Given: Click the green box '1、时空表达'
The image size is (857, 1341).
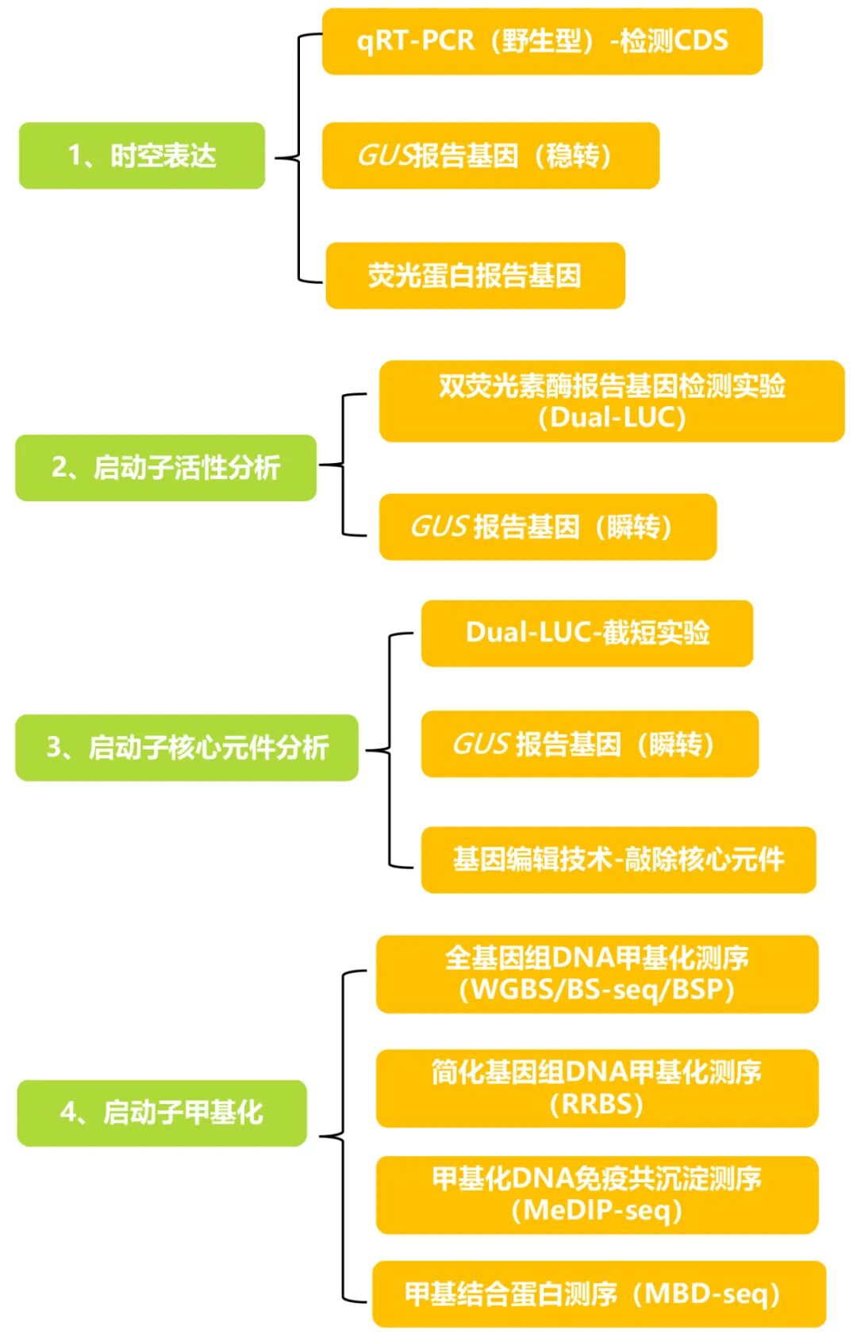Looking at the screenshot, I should tap(141, 155).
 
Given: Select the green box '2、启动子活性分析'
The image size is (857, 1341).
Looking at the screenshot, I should tap(165, 467).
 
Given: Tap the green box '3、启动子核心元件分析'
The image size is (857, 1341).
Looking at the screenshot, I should tap(186, 747).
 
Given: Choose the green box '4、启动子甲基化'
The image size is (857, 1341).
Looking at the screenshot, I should tap(162, 1112).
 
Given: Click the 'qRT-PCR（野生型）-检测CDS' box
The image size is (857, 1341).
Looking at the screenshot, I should tap(542, 41).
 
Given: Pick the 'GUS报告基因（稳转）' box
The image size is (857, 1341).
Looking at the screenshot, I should tap(490, 155).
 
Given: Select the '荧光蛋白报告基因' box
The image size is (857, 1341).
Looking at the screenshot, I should tap(475, 275).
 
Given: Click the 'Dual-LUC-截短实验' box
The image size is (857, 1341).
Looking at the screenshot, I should tap(586, 632).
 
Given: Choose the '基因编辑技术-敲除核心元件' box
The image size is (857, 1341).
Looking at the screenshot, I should tap(618, 859).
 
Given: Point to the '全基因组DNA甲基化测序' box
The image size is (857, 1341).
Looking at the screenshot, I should tap(597, 959).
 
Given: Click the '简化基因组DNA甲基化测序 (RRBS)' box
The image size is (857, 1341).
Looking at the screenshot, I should tap(597, 1087).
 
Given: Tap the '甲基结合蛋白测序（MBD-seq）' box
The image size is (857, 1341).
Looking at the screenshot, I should tap(598, 1293).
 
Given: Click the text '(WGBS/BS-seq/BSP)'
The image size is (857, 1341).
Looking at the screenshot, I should tap(597, 990).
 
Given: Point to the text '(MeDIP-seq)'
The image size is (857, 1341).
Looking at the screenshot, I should tap(597, 1210).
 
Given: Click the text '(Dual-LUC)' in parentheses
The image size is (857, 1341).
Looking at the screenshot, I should tap(611, 417).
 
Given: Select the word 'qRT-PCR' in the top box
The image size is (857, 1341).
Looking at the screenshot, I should tap(415, 41).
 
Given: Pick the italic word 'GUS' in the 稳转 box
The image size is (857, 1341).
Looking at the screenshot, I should tap(386, 155).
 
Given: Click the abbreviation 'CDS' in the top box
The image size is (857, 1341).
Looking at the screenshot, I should tap(698, 41).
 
